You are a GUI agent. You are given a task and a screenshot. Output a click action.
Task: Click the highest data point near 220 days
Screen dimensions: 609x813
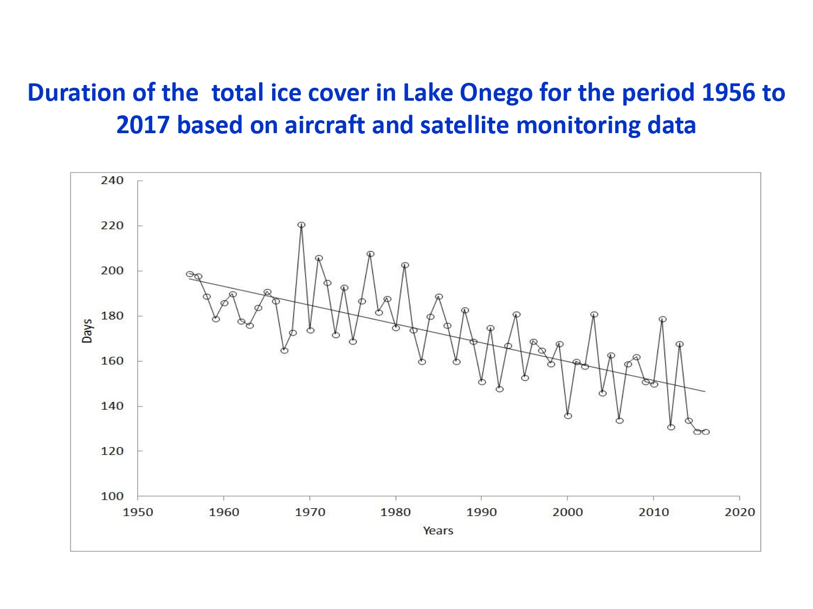click(x=301, y=225)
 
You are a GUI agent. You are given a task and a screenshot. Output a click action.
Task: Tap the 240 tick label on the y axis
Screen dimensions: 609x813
click(x=112, y=180)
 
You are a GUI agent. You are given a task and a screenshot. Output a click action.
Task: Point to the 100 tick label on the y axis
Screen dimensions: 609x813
click(x=112, y=496)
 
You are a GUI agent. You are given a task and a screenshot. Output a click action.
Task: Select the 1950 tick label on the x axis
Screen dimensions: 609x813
click(x=138, y=512)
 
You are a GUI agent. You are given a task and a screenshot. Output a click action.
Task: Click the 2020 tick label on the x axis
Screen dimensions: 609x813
click(x=739, y=512)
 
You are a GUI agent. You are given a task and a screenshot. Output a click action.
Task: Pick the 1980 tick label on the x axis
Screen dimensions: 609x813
click(x=396, y=512)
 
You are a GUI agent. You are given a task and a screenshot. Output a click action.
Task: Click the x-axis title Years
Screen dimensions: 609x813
click(x=438, y=531)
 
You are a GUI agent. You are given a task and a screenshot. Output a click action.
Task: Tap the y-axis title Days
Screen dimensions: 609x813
click(x=87, y=331)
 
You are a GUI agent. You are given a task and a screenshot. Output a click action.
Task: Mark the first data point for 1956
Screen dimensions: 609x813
click(x=190, y=274)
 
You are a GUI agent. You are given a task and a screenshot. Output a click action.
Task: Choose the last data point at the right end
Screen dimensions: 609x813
click(x=706, y=431)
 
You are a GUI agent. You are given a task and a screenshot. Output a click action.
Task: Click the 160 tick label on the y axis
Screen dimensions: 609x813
click(x=112, y=361)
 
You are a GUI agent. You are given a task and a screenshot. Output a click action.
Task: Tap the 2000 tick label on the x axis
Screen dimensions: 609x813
click(x=567, y=512)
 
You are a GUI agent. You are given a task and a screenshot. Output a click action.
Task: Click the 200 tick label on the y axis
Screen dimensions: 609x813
click(x=112, y=271)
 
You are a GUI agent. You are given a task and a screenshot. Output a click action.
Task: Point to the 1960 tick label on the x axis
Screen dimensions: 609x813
click(x=224, y=512)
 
